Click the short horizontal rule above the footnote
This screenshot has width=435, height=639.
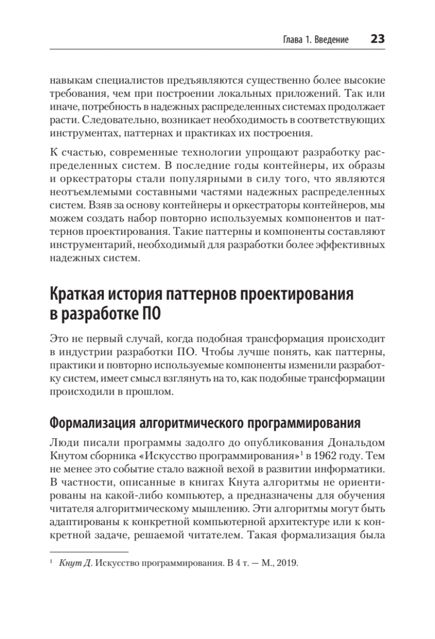89,552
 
